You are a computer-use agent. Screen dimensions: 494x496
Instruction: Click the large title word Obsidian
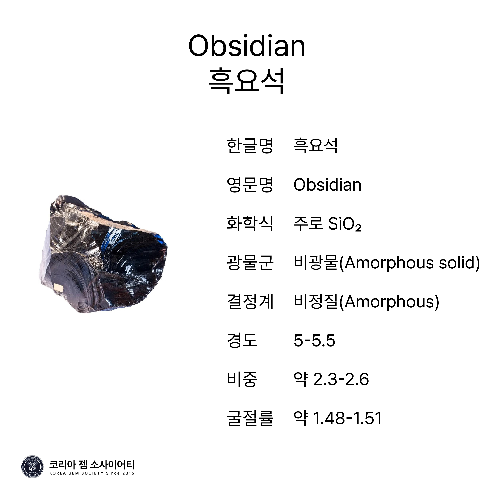247,46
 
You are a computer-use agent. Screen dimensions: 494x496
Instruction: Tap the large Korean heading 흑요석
247,81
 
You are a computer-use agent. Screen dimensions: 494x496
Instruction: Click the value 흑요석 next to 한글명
315,146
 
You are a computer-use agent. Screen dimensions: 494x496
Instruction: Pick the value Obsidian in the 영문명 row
328,185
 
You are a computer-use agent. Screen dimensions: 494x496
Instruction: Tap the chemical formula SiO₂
345,224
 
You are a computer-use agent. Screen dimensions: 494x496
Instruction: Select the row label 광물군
250,263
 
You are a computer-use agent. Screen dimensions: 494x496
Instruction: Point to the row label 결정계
250,302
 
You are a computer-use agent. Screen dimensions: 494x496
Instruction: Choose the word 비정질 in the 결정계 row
316,302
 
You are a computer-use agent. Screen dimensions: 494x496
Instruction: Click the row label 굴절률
250,419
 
